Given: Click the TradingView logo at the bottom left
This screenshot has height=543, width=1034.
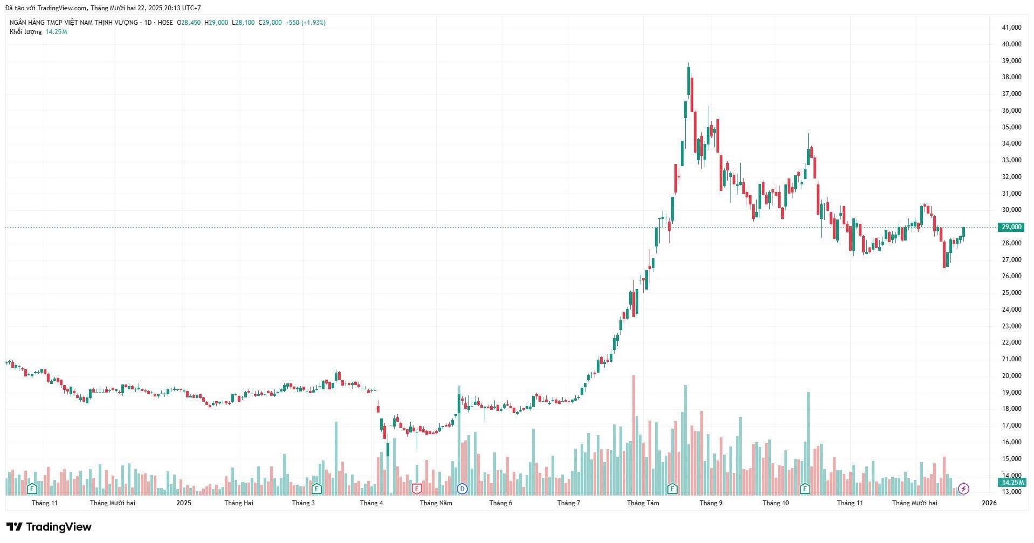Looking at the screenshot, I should click(x=49, y=527).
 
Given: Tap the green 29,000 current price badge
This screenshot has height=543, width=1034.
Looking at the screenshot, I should click(x=1011, y=227).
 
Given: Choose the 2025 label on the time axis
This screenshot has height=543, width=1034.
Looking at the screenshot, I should click(x=184, y=503).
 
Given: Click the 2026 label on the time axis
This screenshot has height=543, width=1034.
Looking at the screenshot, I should click(x=989, y=503).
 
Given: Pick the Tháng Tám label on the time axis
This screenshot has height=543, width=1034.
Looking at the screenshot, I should click(x=643, y=503).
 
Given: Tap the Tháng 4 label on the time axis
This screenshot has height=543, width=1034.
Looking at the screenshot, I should click(x=371, y=503).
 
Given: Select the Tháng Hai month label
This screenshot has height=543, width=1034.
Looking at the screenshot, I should click(x=239, y=503).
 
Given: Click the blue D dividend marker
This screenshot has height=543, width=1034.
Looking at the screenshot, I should click(x=462, y=489).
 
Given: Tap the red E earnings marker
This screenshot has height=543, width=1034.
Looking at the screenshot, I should click(x=416, y=489).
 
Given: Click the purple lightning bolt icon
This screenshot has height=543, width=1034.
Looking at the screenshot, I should click(x=964, y=489).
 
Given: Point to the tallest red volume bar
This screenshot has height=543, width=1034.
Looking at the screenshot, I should click(x=633, y=434).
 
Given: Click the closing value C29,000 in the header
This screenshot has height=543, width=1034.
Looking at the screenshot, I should click(x=270, y=23).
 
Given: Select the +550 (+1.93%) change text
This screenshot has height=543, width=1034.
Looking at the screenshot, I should click(x=306, y=23).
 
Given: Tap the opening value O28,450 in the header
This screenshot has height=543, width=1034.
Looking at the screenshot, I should click(x=189, y=23).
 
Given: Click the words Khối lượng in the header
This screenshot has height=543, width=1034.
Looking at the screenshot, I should click(x=25, y=32).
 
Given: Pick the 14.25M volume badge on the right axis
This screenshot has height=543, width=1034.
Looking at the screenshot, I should click(x=1011, y=482).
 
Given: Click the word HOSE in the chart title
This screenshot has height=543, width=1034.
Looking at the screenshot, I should click(x=165, y=23).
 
